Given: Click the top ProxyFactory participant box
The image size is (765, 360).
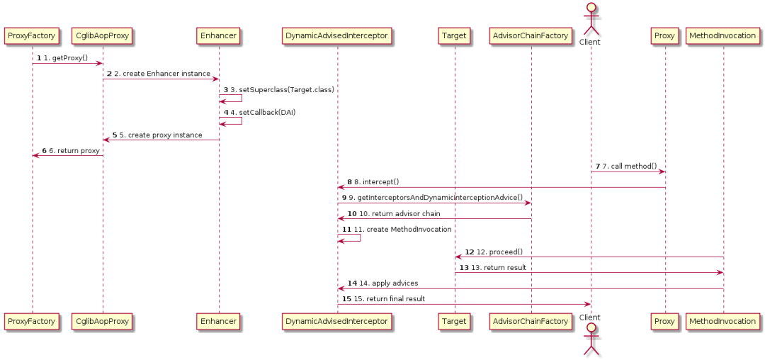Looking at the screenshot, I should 31,34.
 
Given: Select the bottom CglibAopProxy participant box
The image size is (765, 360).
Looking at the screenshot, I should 102,321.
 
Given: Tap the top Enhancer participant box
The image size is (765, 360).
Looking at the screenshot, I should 218,34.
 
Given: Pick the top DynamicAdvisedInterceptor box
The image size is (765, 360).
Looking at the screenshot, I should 336,34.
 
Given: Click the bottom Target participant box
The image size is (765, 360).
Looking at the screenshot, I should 454,321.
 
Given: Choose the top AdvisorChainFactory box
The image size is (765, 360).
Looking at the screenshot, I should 531,34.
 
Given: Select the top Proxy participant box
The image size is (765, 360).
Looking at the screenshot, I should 664,34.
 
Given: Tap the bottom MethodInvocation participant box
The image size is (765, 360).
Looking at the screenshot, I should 723,321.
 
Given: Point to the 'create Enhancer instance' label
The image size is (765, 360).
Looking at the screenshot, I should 166,74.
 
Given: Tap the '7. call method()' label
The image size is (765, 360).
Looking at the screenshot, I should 630,166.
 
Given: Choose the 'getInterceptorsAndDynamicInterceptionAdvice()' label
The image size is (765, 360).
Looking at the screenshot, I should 436,197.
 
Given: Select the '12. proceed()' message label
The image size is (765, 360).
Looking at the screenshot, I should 499,252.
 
